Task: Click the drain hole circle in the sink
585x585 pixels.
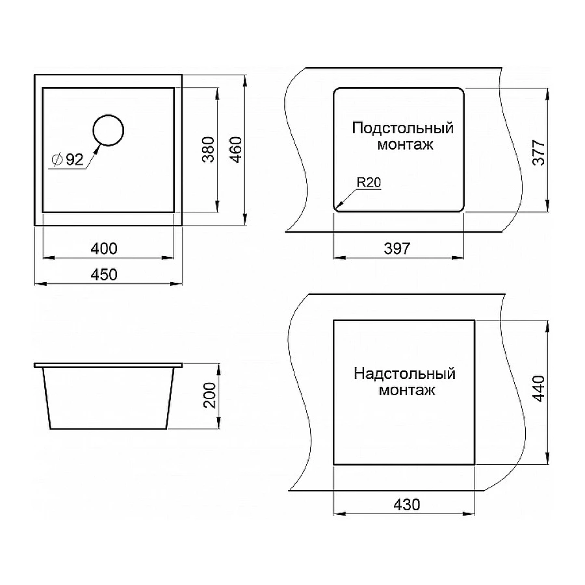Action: click(x=108, y=130)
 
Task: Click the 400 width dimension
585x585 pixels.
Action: click(x=104, y=248)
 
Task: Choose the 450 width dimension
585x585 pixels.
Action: click(x=104, y=275)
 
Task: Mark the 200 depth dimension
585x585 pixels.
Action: click(x=209, y=396)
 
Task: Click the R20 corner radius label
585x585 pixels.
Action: click(x=367, y=183)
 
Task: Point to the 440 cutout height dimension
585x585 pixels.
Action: click(x=539, y=390)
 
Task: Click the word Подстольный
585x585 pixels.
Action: click(x=402, y=127)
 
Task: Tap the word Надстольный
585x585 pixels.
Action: click(x=404, y=374)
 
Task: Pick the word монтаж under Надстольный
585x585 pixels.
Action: click(x=404, y=391)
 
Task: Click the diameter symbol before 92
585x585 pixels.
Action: click(x=56, y=160)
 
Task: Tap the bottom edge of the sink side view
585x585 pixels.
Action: click(x=109, y=429)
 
